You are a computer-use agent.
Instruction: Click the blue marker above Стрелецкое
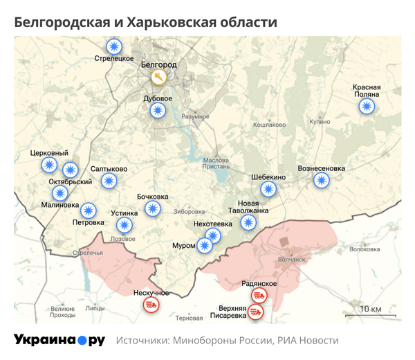[x=113, y=46]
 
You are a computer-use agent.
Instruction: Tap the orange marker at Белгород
[x=159, y=75]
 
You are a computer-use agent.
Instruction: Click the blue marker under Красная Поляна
[x=366, y=107]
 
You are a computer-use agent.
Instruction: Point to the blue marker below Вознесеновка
[x=321, y=181]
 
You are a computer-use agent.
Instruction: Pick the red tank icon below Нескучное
[x=150, y=305]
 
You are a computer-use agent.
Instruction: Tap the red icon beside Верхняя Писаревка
[x=256, y=313]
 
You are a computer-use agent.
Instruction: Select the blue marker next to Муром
[x=204, y=246]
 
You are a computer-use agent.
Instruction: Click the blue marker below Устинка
[x=124, y=225]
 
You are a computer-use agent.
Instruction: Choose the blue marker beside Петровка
[x=89, y=211]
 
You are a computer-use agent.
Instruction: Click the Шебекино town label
[x=268, y=177]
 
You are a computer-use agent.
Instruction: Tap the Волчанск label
[x=290, y=260]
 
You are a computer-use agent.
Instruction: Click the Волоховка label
[x=365, y=249]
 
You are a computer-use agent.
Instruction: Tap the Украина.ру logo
[x=59, y=340]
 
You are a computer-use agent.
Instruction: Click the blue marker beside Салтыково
[x=109, y=181]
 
